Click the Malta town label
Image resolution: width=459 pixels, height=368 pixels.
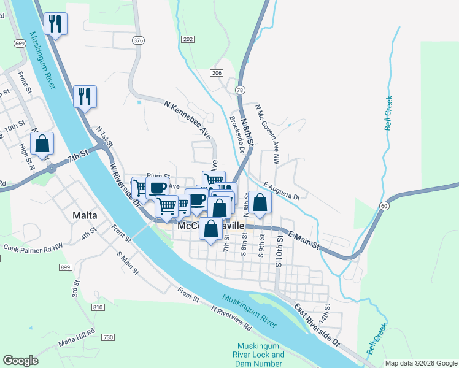[x=85, y=215]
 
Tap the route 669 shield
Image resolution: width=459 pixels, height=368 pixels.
[x=20, y=44]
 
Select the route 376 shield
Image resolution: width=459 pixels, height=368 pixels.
[x=138, y=39]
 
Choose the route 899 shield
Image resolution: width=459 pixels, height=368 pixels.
[x=66, y=267]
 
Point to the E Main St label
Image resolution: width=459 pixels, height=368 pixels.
[x=303, y=237]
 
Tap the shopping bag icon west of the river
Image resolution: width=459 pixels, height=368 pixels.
[x=42, y=145]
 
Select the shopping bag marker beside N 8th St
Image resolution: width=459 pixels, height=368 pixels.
[x=260, y=202]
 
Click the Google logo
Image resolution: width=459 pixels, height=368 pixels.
[x=20, y=361]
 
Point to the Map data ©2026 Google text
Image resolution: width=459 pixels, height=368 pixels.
[x=420, y=363]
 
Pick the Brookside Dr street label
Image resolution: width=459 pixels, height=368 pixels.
[x=237, y=134]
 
